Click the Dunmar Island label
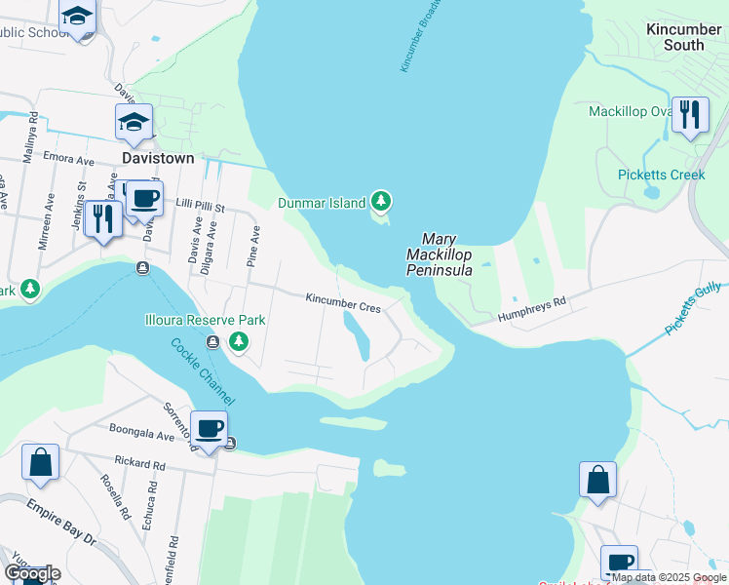(321, 203)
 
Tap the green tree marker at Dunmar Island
(381, 202)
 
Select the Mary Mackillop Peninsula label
(439, 253)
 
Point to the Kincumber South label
(683, 37)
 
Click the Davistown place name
(158, 157)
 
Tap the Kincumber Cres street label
(342, 304)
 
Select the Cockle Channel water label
(202, 370)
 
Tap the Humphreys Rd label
(532, 309)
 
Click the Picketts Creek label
(661, 175)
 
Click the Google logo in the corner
(32, 573)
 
